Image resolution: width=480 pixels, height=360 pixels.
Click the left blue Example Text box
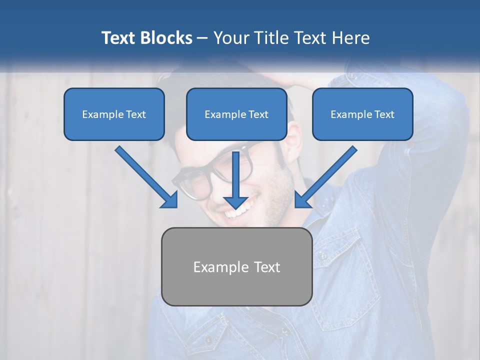click(114, 114)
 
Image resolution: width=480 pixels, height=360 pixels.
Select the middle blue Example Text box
click(236, 114)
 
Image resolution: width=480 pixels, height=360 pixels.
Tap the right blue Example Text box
click(362, 114)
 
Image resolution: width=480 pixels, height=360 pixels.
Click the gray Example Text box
click(236, 266)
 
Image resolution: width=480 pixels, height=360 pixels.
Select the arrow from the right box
click(327, 175)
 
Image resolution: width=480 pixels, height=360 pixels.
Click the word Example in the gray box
click(214, 267)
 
